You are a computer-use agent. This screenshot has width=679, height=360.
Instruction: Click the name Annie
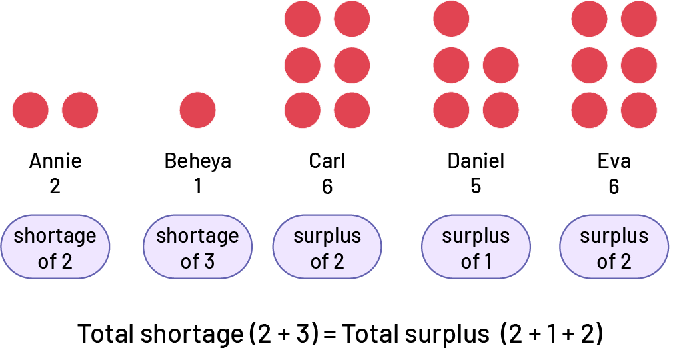tap(55, 161)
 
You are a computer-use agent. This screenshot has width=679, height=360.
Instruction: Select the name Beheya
tap(197, 161)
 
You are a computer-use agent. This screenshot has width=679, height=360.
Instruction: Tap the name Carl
tap(327, 161)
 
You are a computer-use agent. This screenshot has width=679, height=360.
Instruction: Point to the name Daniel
tap(476, 161)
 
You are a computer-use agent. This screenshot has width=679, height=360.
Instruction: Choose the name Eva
tap(614, 161)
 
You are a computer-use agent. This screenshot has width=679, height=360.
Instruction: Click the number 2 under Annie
tap(55, 186)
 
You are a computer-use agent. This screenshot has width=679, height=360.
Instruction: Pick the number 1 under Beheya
tap(197, 186)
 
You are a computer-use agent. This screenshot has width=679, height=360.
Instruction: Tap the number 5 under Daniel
tap(475, 186)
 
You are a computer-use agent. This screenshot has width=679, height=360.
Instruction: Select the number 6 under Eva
tap(614, 186)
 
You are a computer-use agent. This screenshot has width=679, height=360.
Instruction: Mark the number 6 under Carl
tap(327, 186)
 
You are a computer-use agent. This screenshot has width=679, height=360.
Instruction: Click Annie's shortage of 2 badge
tap(55, 247)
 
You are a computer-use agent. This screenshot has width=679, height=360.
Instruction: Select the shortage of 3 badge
tap(197, 247)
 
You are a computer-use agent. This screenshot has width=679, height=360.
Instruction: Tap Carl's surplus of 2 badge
tap(327, 247)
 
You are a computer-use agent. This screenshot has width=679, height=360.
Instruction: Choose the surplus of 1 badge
tap(476, 247)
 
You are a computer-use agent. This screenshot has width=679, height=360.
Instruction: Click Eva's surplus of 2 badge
tap(614, 247)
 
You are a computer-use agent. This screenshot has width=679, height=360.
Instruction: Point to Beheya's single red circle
tap(197, 110)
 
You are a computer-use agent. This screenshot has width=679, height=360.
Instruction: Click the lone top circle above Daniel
tap(451, 19)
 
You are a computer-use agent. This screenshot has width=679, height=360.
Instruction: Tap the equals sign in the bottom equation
tap(331, 334)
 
